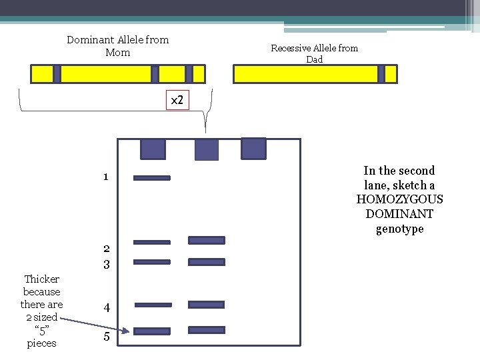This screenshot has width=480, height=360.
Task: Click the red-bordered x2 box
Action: click(177, 100)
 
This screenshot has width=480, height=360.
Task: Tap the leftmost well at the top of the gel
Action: click(153, 149)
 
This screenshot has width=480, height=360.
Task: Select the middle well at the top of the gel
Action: click(206, 149)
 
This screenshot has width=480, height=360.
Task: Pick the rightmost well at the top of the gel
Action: click(253, 148)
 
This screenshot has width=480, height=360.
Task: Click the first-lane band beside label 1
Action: click(152, 178)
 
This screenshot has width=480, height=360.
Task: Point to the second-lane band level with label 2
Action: click(207, 240)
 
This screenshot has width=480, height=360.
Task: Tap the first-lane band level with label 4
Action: click(153, 305)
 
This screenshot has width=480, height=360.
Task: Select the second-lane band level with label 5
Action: click(207, 330)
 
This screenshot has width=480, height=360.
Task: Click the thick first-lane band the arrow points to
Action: click(152, 331)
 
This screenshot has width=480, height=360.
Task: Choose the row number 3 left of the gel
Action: click(106, 265)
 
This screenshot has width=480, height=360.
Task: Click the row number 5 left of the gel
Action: click(106, 337)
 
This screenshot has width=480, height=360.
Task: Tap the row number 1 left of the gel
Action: click(106, 177)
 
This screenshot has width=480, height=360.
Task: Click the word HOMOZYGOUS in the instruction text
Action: click(399, 199)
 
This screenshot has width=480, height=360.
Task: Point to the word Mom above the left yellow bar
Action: click(118, 53)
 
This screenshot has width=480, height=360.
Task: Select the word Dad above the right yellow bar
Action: click(314, 59)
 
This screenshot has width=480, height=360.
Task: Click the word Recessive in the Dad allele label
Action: click(292, 48)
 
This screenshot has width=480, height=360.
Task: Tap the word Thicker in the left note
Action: click(41, 279)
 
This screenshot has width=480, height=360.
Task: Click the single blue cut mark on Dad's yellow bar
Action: click(381, 74)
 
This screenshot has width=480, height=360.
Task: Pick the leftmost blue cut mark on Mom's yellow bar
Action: click(57, 74)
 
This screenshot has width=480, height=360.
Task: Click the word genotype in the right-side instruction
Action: click(399, 229)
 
